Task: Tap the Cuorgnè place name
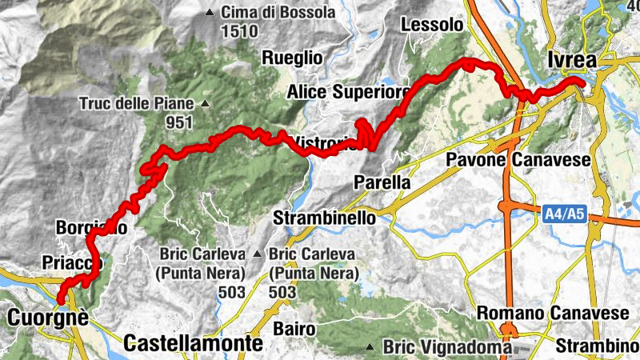(x=46, y=318)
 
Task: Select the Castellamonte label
(x=194, y=344)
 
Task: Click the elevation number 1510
(x=240, y=32)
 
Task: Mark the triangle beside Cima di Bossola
(x=210, y=13)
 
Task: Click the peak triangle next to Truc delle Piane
(x=206, y=103)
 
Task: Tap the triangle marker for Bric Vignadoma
(x=371, y=347)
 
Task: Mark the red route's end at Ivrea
(x=582, y=81)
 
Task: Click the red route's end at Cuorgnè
(x=59, y=300)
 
